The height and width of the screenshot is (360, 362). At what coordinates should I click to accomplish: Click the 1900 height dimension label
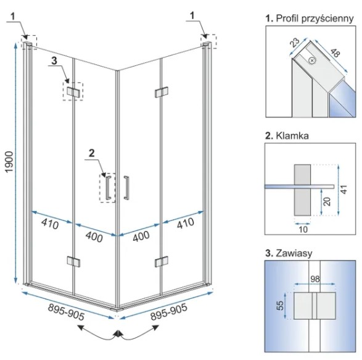point(9,162)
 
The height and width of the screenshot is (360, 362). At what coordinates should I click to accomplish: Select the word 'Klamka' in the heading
point(292,136)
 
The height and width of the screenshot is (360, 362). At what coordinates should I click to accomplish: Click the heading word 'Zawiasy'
point(294,253)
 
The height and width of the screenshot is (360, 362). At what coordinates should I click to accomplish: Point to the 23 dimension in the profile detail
point(295,43)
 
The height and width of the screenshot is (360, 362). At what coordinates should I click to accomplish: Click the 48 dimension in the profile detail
point(335,52)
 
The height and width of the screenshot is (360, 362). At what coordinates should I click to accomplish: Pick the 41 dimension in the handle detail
point(343,190)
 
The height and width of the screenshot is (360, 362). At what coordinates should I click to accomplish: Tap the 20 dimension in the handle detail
point(327,201)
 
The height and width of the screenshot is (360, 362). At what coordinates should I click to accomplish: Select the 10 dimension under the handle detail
point(303,229)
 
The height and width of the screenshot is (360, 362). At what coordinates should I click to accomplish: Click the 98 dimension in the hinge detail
point(315,279)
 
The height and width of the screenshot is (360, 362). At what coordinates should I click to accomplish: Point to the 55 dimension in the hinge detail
point(279,306)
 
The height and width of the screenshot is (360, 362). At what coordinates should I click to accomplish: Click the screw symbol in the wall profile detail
point(312,61)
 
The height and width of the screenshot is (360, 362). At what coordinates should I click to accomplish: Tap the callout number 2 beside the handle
point(92,153)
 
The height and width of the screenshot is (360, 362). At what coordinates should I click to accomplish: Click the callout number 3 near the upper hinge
point(54,61)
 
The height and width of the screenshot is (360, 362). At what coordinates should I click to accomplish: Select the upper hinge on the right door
point(162,92)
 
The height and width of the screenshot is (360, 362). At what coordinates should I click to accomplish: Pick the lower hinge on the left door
point(73,261)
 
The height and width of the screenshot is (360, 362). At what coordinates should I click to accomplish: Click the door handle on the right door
point(126,188)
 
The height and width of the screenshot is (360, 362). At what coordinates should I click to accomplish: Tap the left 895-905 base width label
point(66,312)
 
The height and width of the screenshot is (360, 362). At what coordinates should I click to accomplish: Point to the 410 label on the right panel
point(186,224)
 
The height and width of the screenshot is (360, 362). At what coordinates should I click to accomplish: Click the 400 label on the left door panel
point(94,237)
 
